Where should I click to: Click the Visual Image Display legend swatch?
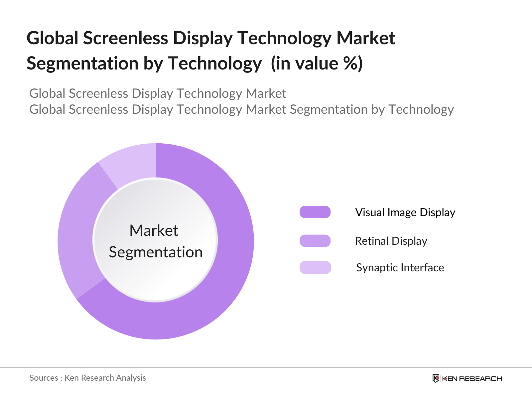[x=315, y=212]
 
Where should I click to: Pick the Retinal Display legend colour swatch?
[x=315, y=240]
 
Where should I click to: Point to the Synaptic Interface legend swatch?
[x=315, y=267]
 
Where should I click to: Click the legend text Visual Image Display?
[x=405, y=212]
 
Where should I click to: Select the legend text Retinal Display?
[x=391, y=241]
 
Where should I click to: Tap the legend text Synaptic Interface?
[x=400, y=268]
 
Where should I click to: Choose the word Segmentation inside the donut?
[x=156, y=252]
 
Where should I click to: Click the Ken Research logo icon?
[x=436, y=378]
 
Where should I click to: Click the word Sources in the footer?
[x=44, y=378]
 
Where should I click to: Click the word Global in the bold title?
[x=52, y=38]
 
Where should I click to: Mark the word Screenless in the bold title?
[x=126, y=38]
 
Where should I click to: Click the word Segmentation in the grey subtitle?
[x=329, y=109]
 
